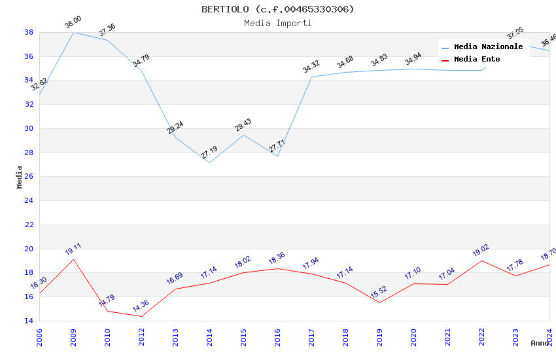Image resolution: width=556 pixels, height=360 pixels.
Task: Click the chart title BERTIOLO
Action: click(x=278, y=9)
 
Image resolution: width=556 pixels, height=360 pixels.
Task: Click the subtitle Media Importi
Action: click(x=278, y=24)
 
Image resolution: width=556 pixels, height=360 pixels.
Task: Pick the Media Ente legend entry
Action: click(x=477, y=60)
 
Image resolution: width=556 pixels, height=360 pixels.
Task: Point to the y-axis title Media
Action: click(x=20, y=177)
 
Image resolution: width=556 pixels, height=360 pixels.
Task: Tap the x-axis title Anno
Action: click(x=540, y=343)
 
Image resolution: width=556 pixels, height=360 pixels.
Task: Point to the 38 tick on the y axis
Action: click(x=29, y=32)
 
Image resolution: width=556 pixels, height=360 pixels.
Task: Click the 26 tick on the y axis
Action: click(x=29, y=177)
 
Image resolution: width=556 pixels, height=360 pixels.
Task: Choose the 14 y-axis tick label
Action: click(x=29, y=321)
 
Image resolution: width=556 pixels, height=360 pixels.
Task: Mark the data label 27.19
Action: click(x=209, y=153)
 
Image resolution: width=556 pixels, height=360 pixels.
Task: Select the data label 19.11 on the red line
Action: click(x=73, y=249)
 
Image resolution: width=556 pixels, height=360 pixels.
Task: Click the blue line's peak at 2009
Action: click(x=73, y=32)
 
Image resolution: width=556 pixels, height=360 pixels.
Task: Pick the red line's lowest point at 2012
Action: click(x=141, y=317)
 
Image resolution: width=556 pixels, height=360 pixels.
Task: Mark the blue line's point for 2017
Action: click(x=311, y=77)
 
